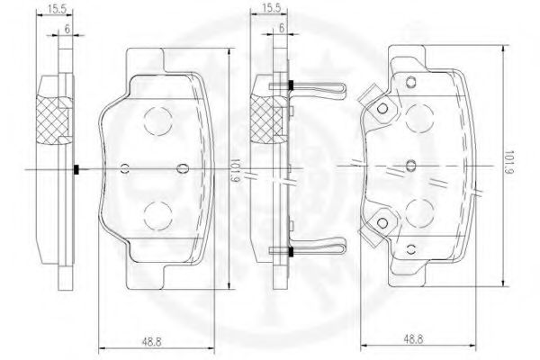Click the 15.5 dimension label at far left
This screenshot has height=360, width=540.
[x=57, y=9]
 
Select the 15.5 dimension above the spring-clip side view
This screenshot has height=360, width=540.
[x=271, y=8]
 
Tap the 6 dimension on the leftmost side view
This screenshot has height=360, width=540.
[x=67, y=29]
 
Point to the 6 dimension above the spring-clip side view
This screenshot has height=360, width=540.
[x=282, y=28]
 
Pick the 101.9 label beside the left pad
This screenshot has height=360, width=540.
[x=235, y=170]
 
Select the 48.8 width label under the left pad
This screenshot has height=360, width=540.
[x=151, y=342]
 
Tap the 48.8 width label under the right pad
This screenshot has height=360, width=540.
[x=413, y=339]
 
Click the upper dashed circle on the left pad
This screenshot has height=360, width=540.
[x=158, y=121]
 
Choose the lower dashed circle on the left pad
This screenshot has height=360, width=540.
[x=158, y=216]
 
